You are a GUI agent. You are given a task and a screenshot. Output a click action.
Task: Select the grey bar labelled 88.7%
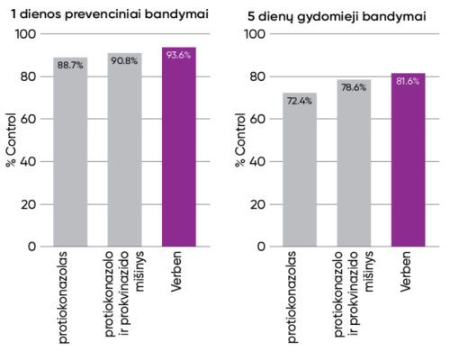(x=70, y=157)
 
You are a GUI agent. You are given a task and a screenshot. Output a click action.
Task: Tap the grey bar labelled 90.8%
(x=124, y=153)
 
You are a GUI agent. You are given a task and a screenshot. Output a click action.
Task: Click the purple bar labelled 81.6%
(x=408, y=162)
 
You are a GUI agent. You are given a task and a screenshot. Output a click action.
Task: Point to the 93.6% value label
(x=178, y=56)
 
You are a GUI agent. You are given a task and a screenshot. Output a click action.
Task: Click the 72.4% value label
(x=300, y=101)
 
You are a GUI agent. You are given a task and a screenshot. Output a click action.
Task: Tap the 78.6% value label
(x=354, y=87)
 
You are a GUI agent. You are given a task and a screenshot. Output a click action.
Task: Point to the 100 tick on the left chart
(x=30, y=34)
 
